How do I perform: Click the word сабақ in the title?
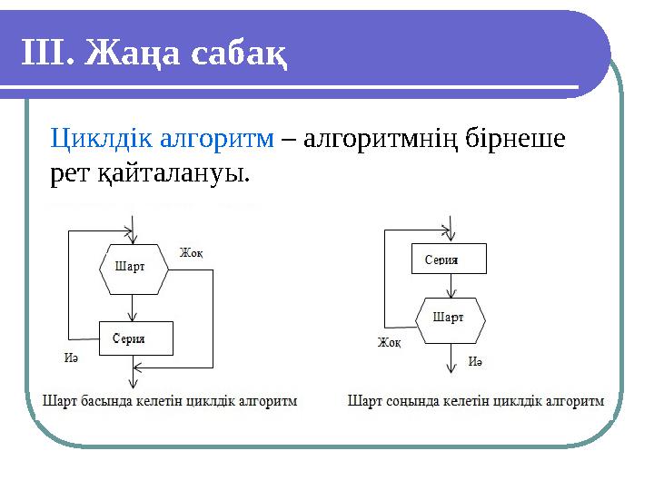[240, 54]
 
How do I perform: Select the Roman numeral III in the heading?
[47, 54]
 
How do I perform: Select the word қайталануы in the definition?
[173, 171]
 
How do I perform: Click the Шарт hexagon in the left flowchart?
[134, 269]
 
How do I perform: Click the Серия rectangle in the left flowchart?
[134, 338]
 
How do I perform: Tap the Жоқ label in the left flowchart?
[191, 252]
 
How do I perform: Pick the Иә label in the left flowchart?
[71, 357]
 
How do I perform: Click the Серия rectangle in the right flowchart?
[449, 260]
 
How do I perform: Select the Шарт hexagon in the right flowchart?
[450, 318]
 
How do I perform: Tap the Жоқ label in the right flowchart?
[390, 343]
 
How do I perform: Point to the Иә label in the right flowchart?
[475, 361]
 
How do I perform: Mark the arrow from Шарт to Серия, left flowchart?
[134, 309]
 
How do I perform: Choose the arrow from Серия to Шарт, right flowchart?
[450, 286]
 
